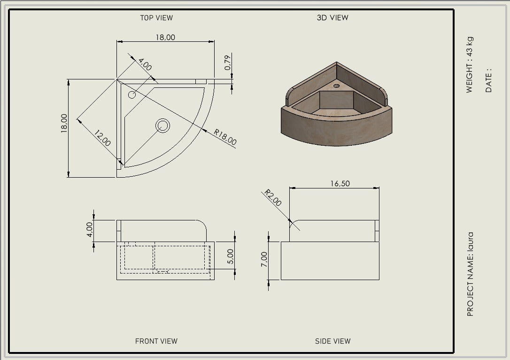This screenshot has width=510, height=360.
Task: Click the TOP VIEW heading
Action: (x=156, y=18)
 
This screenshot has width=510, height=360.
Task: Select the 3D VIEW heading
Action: (x=332, y=17)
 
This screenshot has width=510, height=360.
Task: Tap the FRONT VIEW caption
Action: (x=156, y=341)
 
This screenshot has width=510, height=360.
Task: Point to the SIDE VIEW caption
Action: (x=333, y=341)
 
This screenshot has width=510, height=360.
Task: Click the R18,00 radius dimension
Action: (x=225, y=137)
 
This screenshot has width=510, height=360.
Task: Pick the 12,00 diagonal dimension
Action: (x=102, y=138)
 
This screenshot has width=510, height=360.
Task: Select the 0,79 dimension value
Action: (x=228, y=63)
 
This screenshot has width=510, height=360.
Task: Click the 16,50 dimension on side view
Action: (x=340, y=184)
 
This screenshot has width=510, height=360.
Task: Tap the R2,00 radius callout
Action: (x=272, y=197)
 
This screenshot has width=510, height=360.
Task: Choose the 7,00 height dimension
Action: (x=264, y=259)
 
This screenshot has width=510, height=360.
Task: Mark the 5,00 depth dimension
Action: (x=230, y=256)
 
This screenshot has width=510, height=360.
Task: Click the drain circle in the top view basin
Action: (x=162, y=125)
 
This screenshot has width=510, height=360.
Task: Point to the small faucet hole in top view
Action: (x=132, y=95)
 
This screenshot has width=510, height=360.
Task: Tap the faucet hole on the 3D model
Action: (x=336, y=86)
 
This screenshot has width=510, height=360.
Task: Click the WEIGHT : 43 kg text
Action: (x=469, y=65)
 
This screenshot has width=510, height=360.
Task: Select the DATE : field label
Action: (x=488, y=80)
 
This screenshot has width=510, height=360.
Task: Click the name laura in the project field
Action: (x=471, y=242)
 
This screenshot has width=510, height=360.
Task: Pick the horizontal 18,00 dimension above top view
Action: (x=165, y=38)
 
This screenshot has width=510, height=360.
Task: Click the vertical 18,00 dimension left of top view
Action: (x=64, y=123)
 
